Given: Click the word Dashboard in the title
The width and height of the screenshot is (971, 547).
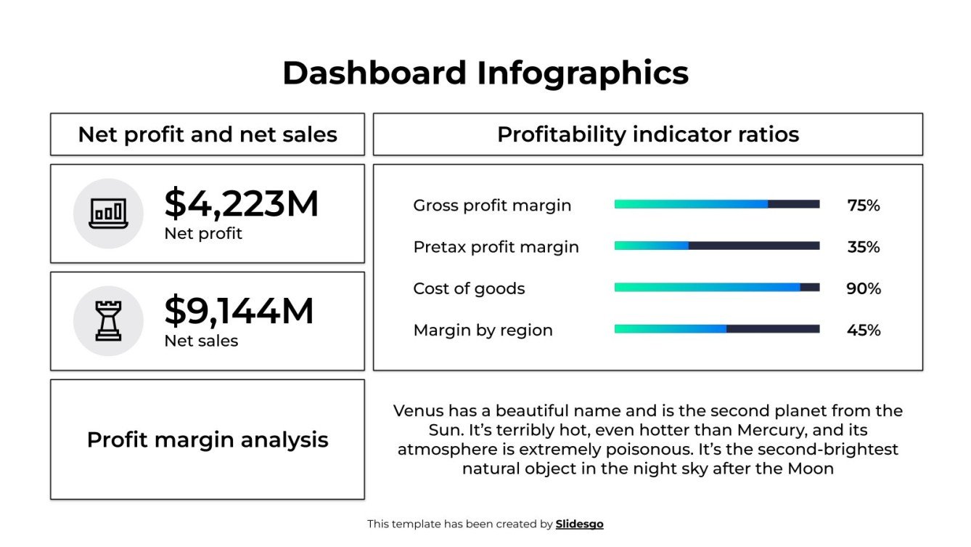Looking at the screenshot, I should point(374,73).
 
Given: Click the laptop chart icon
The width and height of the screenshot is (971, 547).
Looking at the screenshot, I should point(108,214).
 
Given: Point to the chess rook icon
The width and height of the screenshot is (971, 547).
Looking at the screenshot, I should point(108,321).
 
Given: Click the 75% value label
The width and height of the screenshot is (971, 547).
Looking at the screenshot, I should point(863,206).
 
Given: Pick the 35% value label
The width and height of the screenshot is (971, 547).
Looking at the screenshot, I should point(863,247).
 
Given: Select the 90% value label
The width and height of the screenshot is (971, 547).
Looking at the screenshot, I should point(863,288).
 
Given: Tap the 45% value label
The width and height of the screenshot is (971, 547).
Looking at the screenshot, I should point(863,330).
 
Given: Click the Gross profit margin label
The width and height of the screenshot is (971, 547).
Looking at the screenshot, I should point(492,206).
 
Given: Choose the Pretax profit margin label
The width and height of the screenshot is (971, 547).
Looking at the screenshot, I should point(496,247).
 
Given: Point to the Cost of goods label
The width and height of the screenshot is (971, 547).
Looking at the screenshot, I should point(469,288).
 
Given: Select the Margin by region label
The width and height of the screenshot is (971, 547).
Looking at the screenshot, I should point(483,330).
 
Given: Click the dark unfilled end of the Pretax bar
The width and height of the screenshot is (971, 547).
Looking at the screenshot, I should point(755,246).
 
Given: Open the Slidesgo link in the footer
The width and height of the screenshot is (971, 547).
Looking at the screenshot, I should point(579,524).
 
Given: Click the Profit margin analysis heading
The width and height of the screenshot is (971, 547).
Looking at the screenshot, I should point(208,439).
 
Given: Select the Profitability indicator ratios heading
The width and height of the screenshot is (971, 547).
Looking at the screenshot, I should point(647,134).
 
